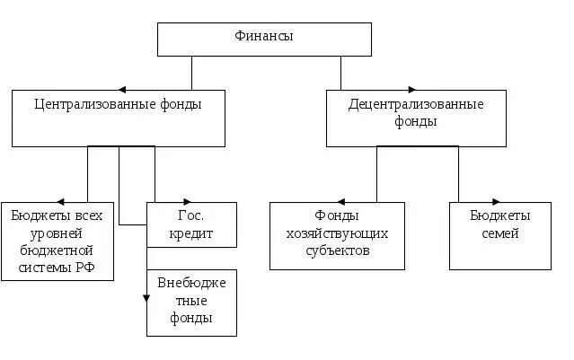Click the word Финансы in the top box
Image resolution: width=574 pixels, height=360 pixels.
click(264, 37)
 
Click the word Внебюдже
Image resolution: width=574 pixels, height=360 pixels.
click(192, 283)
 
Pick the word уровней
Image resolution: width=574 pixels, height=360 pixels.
click(57, 233)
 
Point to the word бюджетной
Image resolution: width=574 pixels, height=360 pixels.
click(57, 250)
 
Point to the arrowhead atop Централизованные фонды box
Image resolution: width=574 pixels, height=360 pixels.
click(121, 89)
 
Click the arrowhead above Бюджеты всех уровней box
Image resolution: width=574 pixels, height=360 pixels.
click(60, 201)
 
